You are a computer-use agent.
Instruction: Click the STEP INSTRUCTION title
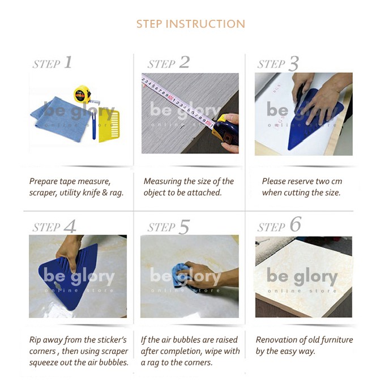[x=191, y=24]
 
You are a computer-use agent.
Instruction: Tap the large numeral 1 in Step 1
[x=68, y=62]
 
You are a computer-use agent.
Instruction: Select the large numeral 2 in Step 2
[x=185, y=62]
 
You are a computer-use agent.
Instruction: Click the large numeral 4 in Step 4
[x=70, y=226]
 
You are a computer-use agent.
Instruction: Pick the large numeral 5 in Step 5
[x=185, y=227]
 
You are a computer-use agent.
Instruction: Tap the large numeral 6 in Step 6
[x=296, y=224]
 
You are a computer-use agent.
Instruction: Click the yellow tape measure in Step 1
[x=83, y=95]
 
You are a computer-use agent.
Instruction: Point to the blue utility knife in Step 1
[x=94, y=125]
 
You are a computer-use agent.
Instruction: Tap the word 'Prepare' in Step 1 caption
[x=43, y=182]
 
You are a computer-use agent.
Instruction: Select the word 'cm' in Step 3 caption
[x=336, y=182]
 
